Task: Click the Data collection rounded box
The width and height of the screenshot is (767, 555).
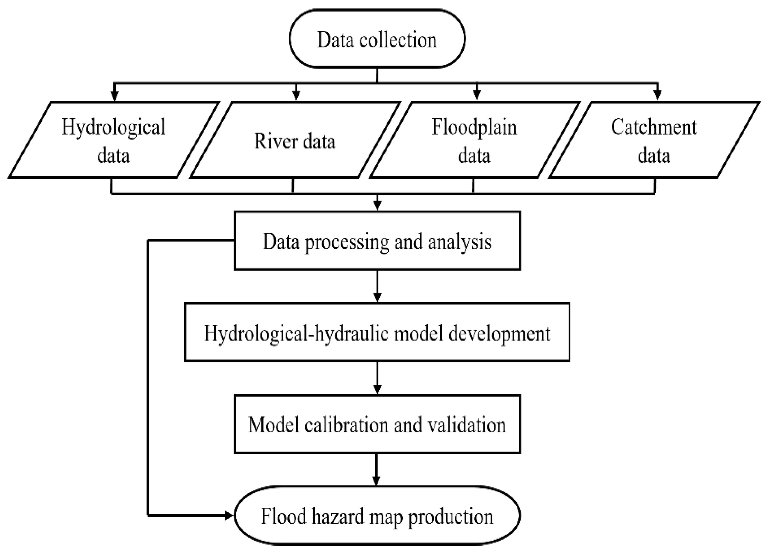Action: click(x=377, y=39)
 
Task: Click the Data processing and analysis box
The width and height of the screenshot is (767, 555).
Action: click(x=377, y=241)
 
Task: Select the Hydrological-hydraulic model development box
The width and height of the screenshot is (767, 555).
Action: click(x=377, y=333)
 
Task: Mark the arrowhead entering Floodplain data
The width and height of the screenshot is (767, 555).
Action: click(x=477, y=96)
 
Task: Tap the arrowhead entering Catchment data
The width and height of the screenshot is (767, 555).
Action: click(x=658, y=96)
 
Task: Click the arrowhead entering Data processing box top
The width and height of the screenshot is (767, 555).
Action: click(x=377, y=206)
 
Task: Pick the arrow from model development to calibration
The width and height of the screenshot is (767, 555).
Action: click(x=377, y=379)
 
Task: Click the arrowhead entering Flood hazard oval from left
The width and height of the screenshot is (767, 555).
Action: click(x=229, y=516)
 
